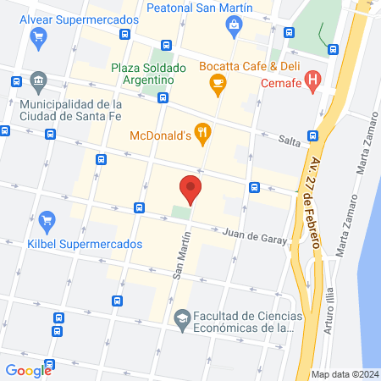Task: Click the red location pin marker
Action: (x=190, y=189)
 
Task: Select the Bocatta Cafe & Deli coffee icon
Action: (x=218, y=82)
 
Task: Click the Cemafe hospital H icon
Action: (x=313, y=81)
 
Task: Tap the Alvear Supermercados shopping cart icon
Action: (x=38, y=36)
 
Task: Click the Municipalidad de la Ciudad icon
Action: (x=38, y=83)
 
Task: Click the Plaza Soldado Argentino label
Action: (x=142, y=74)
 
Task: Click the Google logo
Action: (x=28, y=370)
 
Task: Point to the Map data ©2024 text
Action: (x=344, y=373)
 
